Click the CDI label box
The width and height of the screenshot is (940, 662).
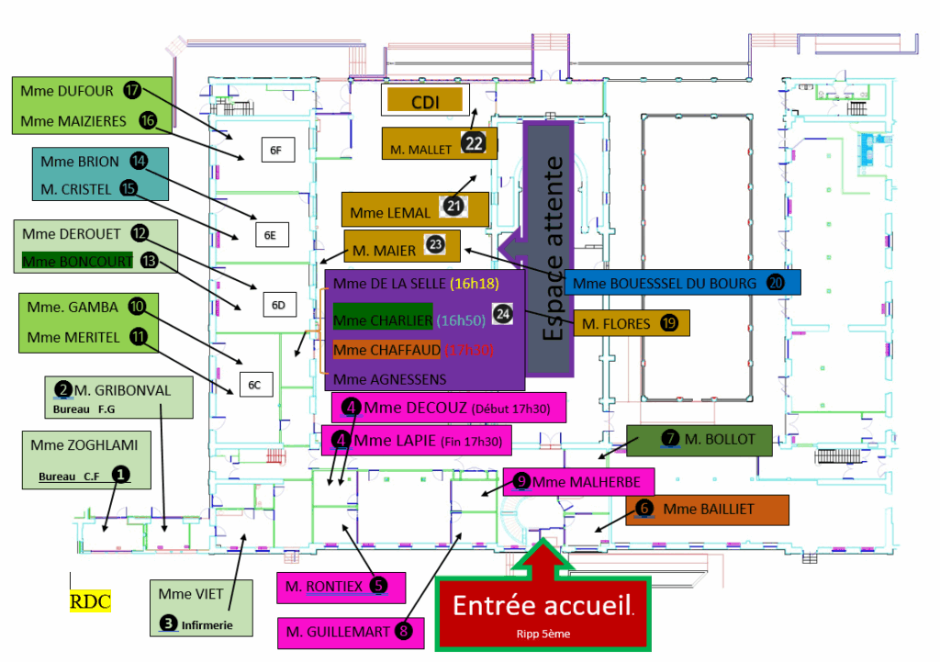[425, 100]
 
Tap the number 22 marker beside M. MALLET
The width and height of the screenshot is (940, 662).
[474, 143]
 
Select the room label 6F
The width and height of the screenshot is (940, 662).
[275, 149]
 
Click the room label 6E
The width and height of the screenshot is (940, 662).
[270, 234]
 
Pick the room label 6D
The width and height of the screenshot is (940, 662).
[279, 304]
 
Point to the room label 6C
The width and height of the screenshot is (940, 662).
[256, 385]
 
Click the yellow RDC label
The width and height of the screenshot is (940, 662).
[90, 601]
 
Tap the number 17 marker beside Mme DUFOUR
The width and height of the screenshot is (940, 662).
[134, 90]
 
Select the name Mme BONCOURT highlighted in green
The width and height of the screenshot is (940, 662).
[77, 261]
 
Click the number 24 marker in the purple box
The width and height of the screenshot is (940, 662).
[502, 313]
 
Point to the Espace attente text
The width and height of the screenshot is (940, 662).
[554, 248]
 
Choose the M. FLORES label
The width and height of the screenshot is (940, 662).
[616, 323]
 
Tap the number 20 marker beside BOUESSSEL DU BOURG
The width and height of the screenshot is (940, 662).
[776, 283]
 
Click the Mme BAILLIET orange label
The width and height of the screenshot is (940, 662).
[708, 509]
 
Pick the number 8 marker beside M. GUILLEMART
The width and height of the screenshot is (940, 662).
[405, 631]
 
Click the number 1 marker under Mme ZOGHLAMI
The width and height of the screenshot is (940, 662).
[119, 474]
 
